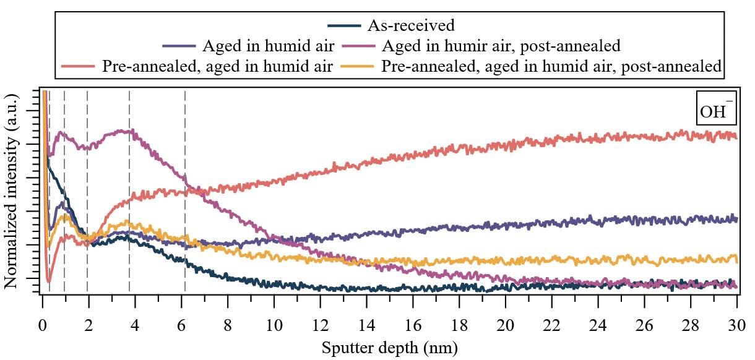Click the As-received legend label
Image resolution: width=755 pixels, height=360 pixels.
[x=411, y=25]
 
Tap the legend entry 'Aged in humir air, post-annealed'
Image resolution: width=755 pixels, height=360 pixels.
[x=501, y=46]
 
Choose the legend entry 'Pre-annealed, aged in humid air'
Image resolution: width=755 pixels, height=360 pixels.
[x=217, y=67]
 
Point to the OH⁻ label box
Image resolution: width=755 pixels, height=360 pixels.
[x=717, y=108]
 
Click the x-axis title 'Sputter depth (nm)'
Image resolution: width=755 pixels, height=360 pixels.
[x=389, y=347]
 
